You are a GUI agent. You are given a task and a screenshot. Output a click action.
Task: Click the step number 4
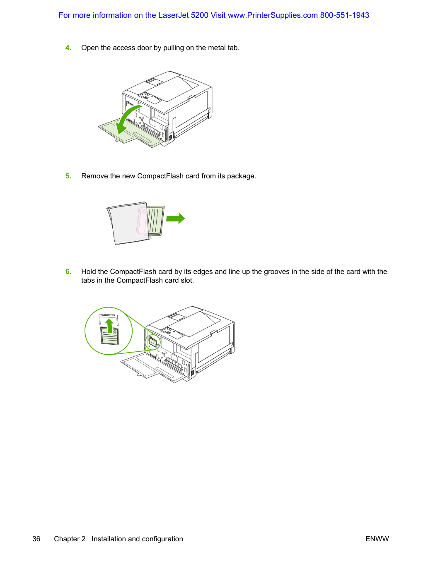68,48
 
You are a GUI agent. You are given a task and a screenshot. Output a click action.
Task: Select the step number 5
68,176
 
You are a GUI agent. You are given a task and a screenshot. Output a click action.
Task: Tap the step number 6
68,271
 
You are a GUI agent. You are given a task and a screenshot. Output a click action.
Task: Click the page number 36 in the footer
36,539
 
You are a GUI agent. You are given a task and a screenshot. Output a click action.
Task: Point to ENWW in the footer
377,539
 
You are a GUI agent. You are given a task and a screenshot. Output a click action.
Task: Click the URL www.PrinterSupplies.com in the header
273,15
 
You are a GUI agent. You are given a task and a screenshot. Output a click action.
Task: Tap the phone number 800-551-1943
345,15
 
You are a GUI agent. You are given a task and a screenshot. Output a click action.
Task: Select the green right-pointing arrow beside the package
175,218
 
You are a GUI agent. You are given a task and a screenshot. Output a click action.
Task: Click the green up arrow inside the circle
109,326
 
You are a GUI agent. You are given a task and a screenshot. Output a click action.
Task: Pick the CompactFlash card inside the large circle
110,336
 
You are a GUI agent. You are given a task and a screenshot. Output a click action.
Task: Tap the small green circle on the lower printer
152,342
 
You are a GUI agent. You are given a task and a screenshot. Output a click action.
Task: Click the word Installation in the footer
109,539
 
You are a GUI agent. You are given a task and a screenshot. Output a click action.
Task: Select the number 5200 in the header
200,15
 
